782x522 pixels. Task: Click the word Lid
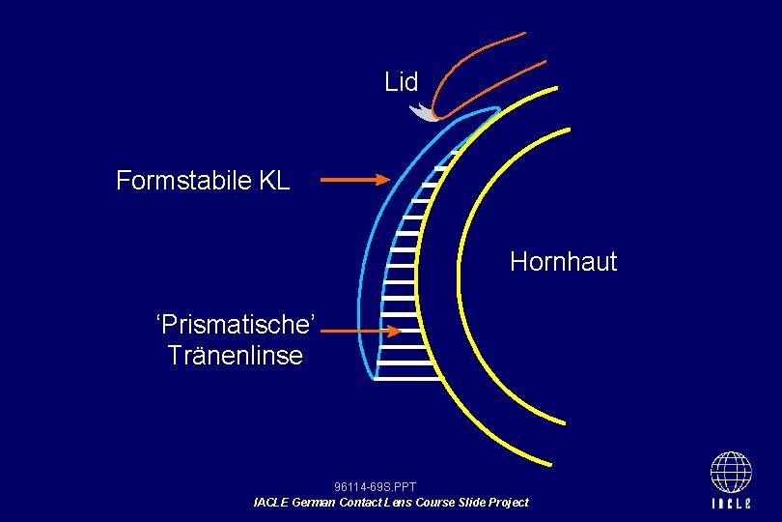(401, 82)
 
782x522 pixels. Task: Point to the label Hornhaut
(563, 262)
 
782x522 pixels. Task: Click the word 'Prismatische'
(236, 323)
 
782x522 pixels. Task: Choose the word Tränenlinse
(236, 355)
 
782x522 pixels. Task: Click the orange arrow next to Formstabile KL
(353, 179)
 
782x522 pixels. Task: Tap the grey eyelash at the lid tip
(422, 112)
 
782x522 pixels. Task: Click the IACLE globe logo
(731, 473)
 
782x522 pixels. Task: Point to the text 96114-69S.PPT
(375, 487)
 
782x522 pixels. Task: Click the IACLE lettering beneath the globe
(731, 504)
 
